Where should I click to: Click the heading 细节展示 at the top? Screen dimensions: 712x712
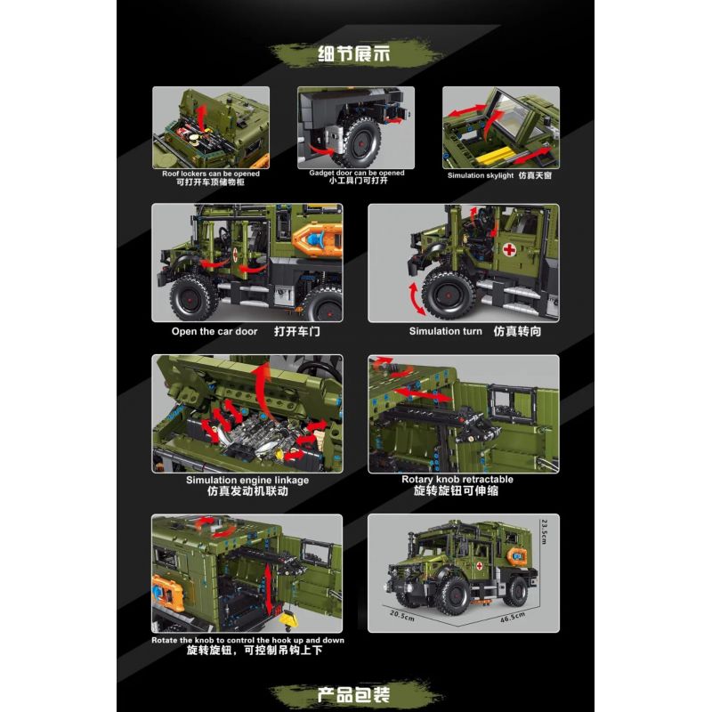pos(355,52)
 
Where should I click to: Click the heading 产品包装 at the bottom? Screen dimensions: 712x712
pos(355,693)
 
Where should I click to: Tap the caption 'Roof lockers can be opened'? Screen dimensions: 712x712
pos(211,174)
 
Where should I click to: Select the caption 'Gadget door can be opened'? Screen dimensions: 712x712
pos(356,174)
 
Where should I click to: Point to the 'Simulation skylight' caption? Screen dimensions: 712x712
pos(480,175)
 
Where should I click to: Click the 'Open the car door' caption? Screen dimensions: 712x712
pos(214,331)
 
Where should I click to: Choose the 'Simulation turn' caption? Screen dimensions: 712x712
pos(446,331)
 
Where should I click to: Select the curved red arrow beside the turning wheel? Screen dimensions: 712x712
pos(414,296)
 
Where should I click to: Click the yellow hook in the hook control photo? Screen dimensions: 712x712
pos(289,614)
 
